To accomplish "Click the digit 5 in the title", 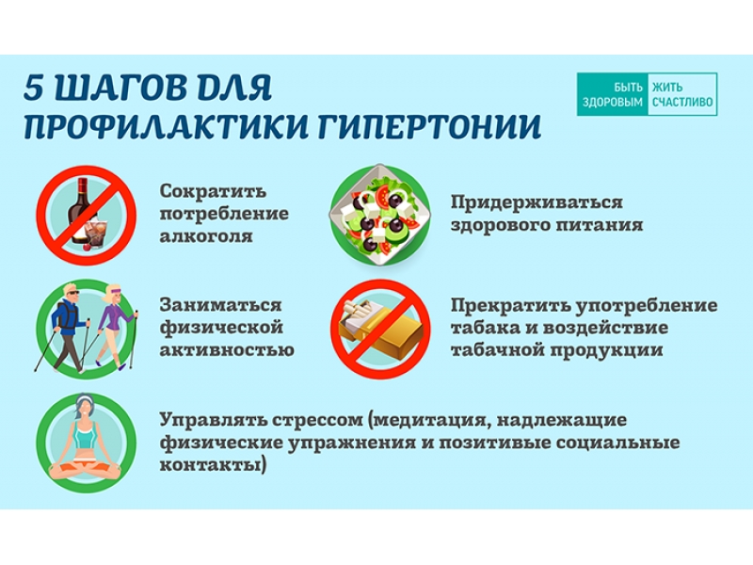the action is click(35, 88).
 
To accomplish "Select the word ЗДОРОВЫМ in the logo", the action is click(613, 103).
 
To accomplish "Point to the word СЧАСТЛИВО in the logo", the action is click(682, 103).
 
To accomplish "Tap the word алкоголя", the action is click(206, 236).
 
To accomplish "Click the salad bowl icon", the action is click(380, 215).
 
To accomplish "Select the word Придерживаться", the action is click(537, 202).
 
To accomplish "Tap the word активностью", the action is click(227, 349).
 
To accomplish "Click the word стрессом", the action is click(317, 421).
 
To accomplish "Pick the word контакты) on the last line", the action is click(213, 465).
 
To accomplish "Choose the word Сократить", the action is click(213, 191).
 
